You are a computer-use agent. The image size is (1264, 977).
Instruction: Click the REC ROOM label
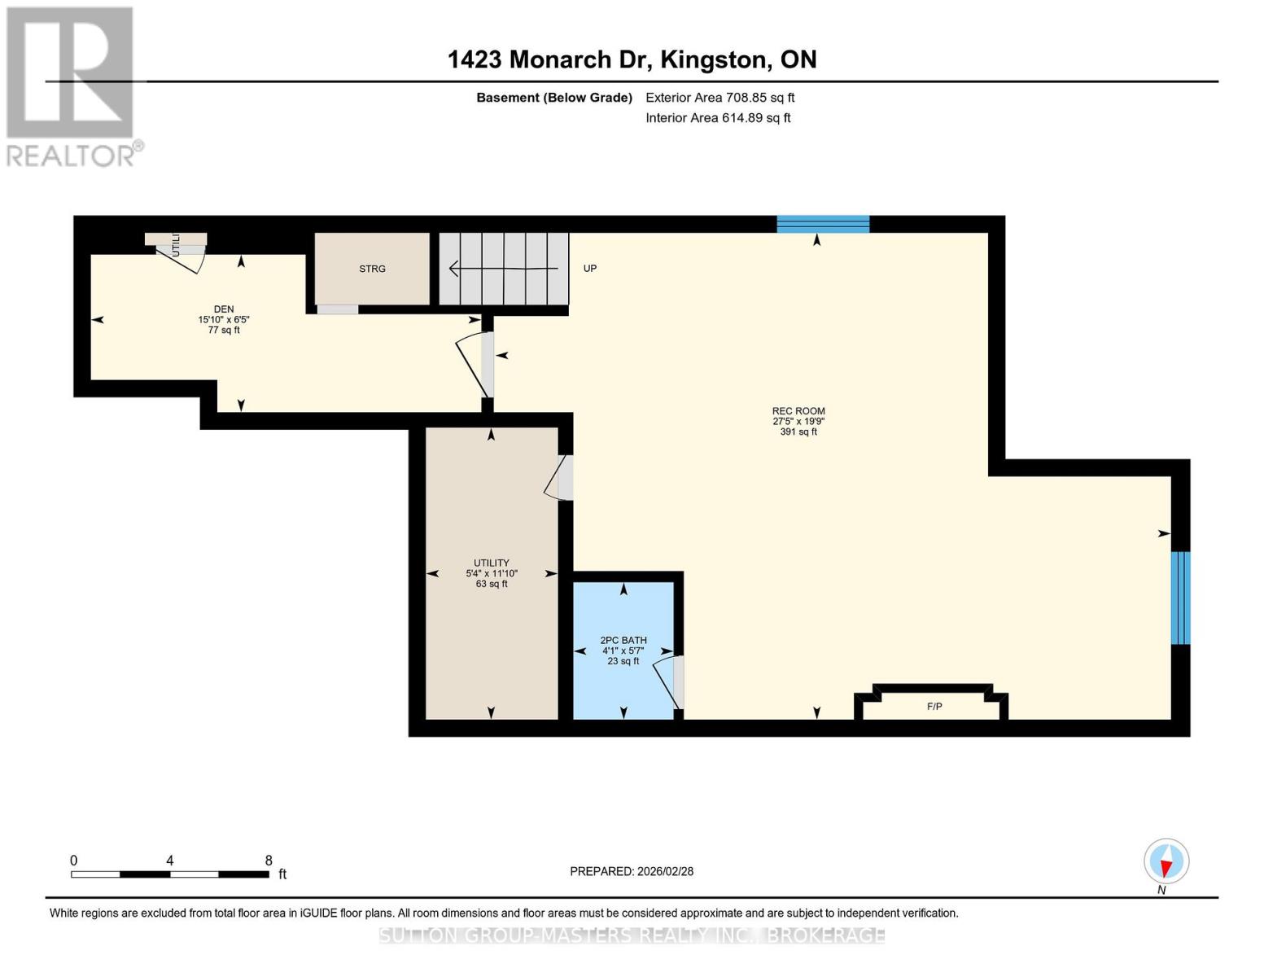coord(798,411)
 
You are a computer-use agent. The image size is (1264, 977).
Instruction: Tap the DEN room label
coord(224,309)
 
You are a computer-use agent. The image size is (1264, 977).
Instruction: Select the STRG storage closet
coord(372,269)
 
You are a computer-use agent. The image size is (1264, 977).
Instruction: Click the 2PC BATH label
coord(623,641)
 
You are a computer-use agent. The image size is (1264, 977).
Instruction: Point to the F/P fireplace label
coord(934,707)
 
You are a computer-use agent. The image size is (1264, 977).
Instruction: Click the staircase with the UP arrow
coord(503,269)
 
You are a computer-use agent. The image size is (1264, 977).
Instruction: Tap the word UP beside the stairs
coord(590,269)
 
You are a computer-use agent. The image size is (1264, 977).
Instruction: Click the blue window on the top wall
coord(823,224)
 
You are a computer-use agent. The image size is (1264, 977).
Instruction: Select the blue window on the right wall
coord(1180,598)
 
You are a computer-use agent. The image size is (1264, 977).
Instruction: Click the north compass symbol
coord(1166,861)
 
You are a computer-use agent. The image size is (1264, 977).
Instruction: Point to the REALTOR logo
coord(72,85)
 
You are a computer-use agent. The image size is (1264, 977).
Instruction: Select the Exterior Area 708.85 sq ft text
coord(719,98)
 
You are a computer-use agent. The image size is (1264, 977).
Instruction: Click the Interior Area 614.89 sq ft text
coord(718,118)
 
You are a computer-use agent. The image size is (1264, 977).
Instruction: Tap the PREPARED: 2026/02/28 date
coord(632,871)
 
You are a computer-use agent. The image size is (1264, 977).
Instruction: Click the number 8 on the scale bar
coord(269,861)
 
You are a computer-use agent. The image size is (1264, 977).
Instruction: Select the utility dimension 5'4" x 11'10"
coord(492,573)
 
